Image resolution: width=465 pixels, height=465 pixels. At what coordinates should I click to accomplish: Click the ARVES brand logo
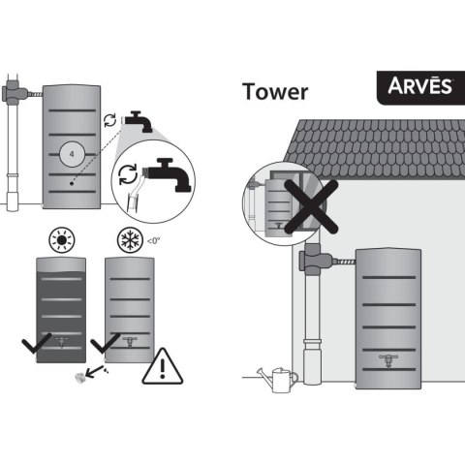[420, 87]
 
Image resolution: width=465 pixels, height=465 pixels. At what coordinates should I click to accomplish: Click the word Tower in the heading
[275, 91]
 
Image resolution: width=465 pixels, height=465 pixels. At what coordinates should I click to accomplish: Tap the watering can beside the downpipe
[278, 380]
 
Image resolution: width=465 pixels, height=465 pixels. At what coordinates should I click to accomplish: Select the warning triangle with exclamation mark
[163, 366]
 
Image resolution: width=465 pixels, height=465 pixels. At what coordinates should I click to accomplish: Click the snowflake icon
[130, 240]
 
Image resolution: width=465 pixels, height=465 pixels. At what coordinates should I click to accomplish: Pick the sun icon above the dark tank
[62, 240]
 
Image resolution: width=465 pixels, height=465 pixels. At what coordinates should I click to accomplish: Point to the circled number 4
[72, 154]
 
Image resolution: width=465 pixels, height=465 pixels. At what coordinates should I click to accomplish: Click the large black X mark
[311, 206]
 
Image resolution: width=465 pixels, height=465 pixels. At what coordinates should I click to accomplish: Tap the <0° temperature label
[153, 241]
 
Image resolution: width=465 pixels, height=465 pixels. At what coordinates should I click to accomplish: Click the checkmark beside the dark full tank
[36, 344]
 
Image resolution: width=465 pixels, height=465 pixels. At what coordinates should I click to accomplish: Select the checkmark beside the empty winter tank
[105, 344]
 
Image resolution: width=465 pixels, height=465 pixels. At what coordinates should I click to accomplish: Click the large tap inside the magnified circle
[168, 174]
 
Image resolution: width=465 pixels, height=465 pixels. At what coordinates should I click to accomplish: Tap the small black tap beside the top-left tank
[138, 121]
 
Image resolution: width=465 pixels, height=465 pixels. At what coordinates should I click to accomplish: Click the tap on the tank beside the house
[388, 360]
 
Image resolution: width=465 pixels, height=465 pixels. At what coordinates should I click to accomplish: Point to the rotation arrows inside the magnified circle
[128, 174]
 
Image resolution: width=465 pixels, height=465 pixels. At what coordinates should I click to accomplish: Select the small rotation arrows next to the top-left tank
[109, 120]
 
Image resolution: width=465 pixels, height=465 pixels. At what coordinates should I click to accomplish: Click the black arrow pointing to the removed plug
[95, 372]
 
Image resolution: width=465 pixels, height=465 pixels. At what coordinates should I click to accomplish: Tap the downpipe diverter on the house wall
[314, 260]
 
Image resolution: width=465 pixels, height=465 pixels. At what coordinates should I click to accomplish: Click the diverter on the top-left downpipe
[15, 92]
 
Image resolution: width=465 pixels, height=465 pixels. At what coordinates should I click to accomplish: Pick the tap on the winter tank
[130, 341]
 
